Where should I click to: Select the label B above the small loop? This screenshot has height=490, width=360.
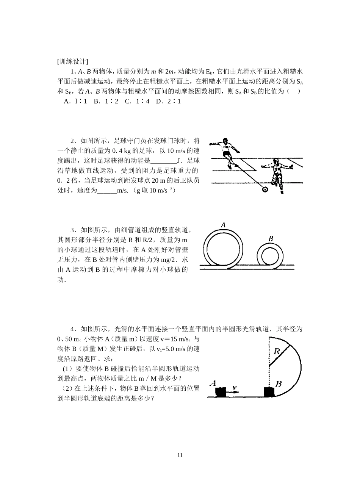[x=271, y=238]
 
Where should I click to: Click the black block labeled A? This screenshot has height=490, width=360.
[x=221, y=392]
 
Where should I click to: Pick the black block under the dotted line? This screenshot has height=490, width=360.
[x=269, y=392]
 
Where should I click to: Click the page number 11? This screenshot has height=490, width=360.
[x=180, y=455]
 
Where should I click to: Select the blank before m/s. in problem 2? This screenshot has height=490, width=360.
[x=107, y=191]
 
